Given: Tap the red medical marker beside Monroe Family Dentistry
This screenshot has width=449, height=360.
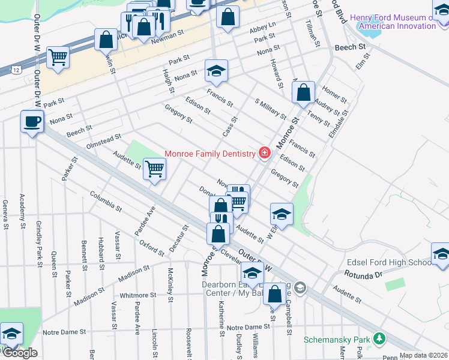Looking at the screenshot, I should pos(263,154).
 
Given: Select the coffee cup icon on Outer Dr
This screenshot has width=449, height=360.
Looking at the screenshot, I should pos(32,122).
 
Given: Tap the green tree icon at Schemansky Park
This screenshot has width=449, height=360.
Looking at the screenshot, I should pos(379,338).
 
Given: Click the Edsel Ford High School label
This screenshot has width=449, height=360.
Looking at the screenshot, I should pos(389,263).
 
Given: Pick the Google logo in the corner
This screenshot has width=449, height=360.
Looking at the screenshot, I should pos(20,353).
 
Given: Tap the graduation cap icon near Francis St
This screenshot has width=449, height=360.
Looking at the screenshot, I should pos(216,71).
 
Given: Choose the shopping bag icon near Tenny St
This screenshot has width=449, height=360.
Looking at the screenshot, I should pos(304,92).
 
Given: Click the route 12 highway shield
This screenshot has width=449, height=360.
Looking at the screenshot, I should pos(16,71).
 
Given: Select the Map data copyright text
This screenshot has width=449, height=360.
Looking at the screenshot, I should pos(424,355).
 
